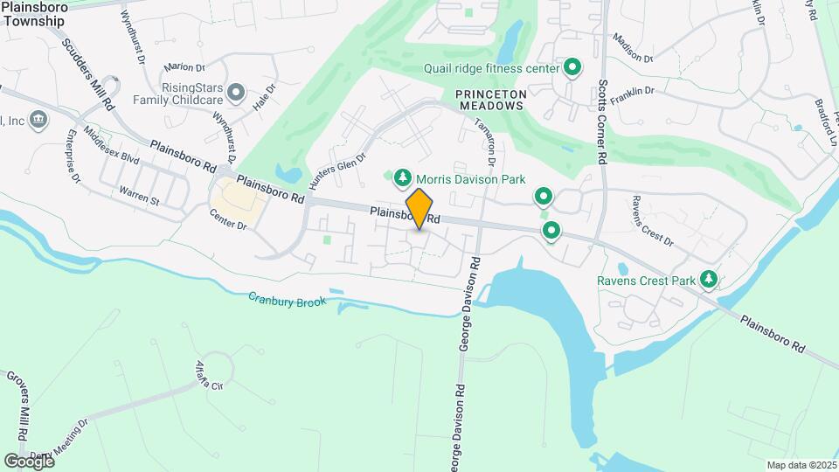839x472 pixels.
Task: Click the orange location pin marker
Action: pyautogui.click(x=419, y=209)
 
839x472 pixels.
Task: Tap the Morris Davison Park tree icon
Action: pyautogui.click(x=402, y=178)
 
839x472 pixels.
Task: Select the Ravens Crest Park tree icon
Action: pyautogui.click(x=709, y=281)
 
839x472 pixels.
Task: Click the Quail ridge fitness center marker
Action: pyautogui.click(x=572, y=67)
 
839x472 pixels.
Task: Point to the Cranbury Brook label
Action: pyautogui.click(x=286, y=301)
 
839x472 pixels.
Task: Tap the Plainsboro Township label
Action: pyautogui.click(x=40, y=13)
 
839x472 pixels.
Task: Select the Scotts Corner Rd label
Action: pyautogui.click(x=601, y=123)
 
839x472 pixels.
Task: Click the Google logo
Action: pyautogui.click(x=29, y=461)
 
